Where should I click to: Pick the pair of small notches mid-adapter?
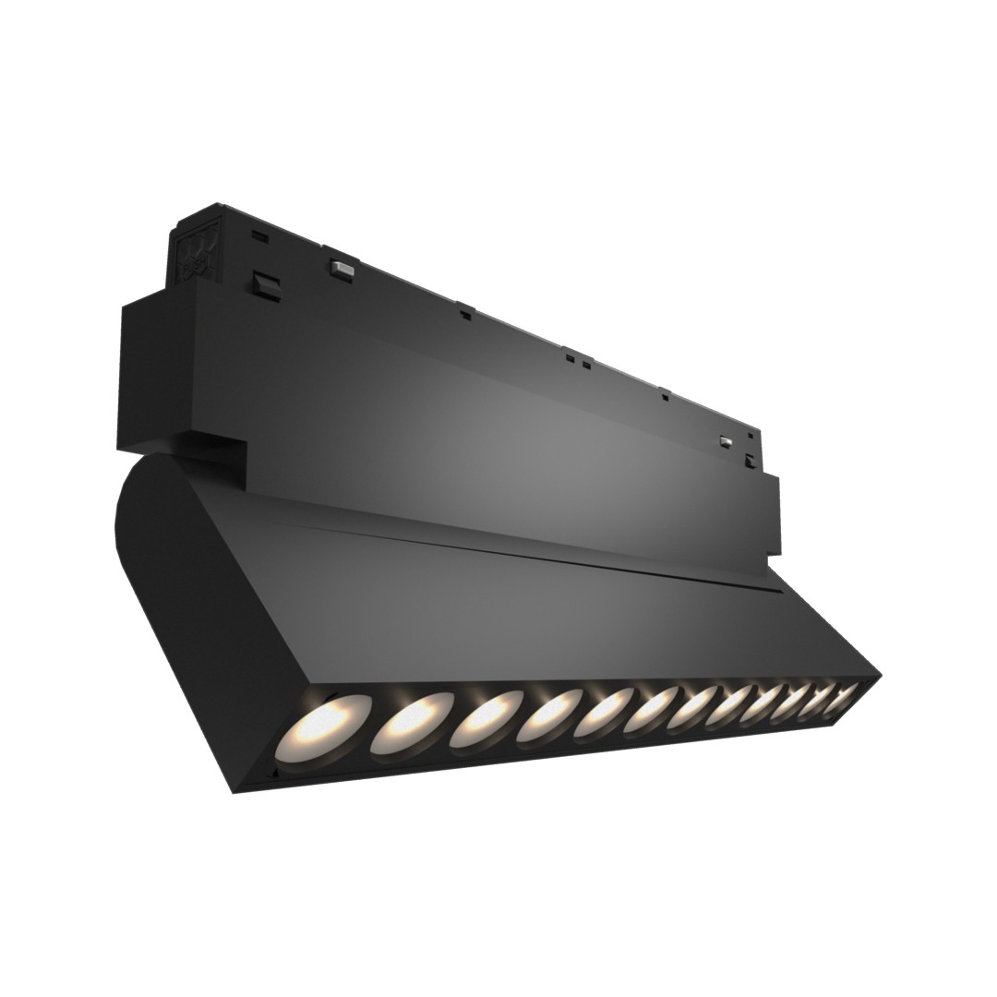pos(577,359)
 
